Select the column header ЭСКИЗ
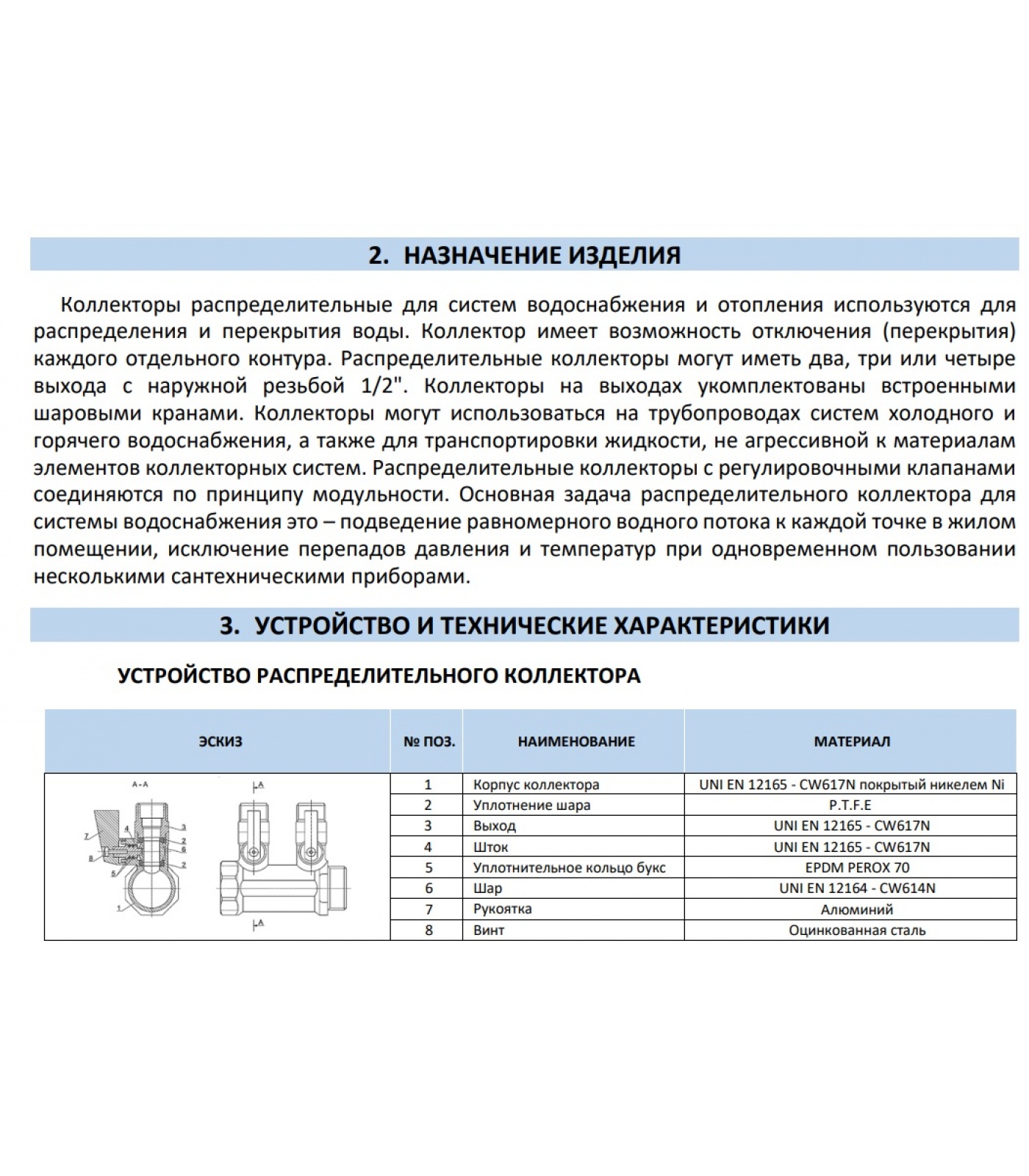tap(220, 742)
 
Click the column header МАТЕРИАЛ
tap(852, 742)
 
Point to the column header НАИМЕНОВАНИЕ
tap(576, 742)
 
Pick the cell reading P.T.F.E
tap(851, 805)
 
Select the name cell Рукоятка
tap(503, 909)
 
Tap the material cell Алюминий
tap(857, 909)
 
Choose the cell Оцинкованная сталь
tap(857, 931)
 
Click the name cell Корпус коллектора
tap(536, 784)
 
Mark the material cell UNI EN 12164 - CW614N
tap(857, 888)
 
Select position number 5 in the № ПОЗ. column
tap(429, 867)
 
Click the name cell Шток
tap(491, 847)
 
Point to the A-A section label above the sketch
tap(140, 785)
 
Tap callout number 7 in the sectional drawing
tap(86, 836)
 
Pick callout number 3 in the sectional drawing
tap(184, 828)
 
